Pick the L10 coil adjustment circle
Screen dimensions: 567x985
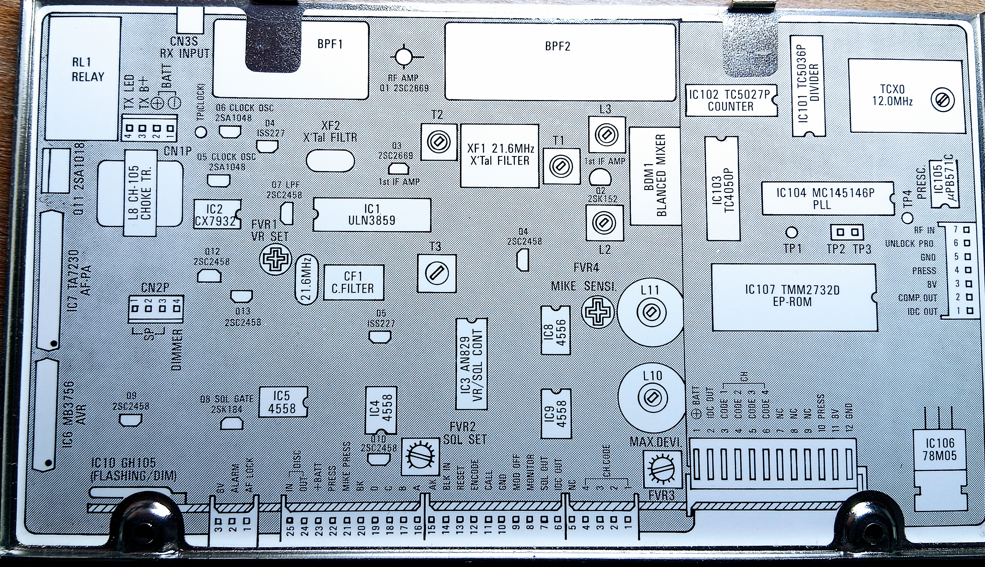651,397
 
